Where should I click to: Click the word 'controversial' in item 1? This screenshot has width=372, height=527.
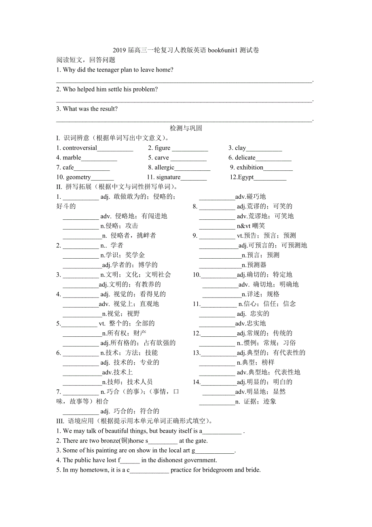80,148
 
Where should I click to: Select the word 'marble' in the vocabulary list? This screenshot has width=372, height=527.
72,158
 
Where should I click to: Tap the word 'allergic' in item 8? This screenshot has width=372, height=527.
164,168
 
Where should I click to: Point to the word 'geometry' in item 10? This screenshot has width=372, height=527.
78,177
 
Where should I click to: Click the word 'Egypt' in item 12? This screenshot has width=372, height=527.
246,177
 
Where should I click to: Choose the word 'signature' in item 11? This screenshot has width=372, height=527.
168,177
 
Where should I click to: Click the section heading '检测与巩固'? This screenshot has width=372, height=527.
186,128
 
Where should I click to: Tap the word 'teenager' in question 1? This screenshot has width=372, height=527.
108,70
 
